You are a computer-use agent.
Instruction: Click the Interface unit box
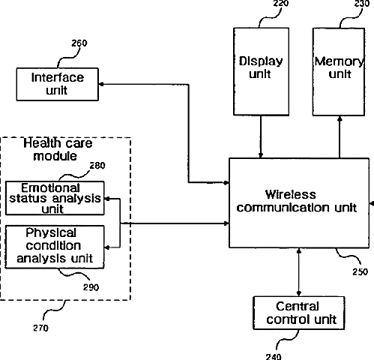(58, 84)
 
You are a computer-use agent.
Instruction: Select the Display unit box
(261, 71)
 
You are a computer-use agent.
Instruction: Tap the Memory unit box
(339, 72)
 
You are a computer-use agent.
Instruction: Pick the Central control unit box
(299, 313)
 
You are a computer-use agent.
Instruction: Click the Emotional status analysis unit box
(55, 198)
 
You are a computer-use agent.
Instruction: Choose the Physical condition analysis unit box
(55, 247)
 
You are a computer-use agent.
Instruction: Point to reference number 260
(79, 43)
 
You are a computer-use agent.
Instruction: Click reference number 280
(97, 166)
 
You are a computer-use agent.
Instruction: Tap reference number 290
(91, 287)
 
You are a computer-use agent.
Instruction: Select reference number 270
(40, 328)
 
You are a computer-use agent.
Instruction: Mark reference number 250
(361, 271)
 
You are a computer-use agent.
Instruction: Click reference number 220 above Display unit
(281, 4)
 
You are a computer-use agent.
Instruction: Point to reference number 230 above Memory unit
(362, 4)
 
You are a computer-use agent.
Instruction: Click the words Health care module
(58, 149)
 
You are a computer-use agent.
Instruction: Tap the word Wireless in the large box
(290, 194)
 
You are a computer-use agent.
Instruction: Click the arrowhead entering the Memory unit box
(340, 118)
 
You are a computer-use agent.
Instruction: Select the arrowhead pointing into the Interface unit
(101, 84)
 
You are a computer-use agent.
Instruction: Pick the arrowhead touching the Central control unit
(299, 293)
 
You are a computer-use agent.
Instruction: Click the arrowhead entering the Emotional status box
(107, 199)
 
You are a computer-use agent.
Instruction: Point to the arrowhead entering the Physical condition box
(107, 247)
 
